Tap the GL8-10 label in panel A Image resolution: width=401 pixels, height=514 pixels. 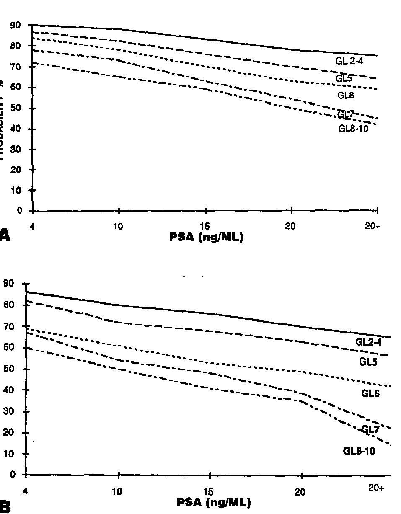[x=353, y=129]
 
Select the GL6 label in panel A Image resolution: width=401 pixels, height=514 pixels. [x=346, y=96]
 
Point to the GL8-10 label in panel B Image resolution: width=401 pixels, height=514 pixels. [x=359, y=451]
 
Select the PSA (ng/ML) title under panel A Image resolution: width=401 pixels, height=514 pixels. [x=206, y=237]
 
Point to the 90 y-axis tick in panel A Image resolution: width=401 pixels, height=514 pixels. [x=16, y=26]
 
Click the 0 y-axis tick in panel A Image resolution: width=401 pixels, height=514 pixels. [x=19, y=211]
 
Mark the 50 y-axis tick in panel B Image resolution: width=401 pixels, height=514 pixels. [x=12, y=369]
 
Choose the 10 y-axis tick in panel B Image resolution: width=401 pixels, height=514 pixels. [x=12, y=454]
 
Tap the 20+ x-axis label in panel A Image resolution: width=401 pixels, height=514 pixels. [x=373, y=227]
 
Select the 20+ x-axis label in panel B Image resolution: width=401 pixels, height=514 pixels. [x=376, y=488]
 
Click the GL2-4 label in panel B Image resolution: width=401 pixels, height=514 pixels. [x=368, y=342]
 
